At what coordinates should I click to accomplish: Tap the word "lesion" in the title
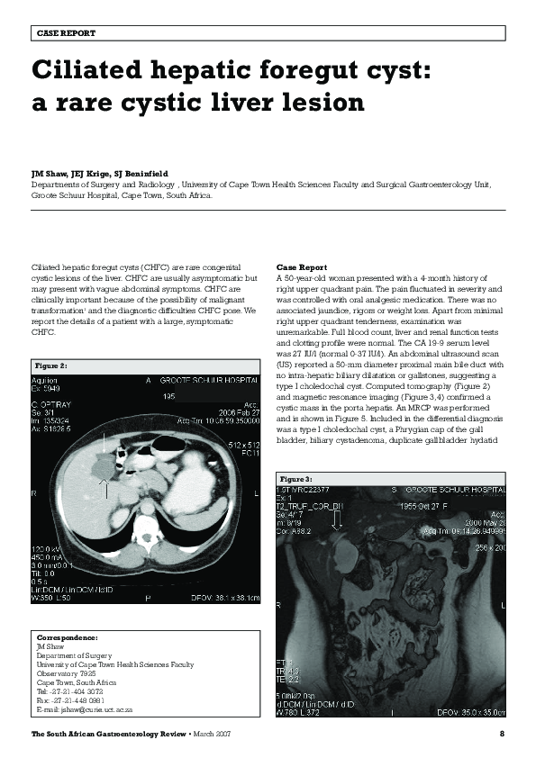[314, 102]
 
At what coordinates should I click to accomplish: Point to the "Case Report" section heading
[302, 268]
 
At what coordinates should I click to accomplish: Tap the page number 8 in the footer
[501, 735]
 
